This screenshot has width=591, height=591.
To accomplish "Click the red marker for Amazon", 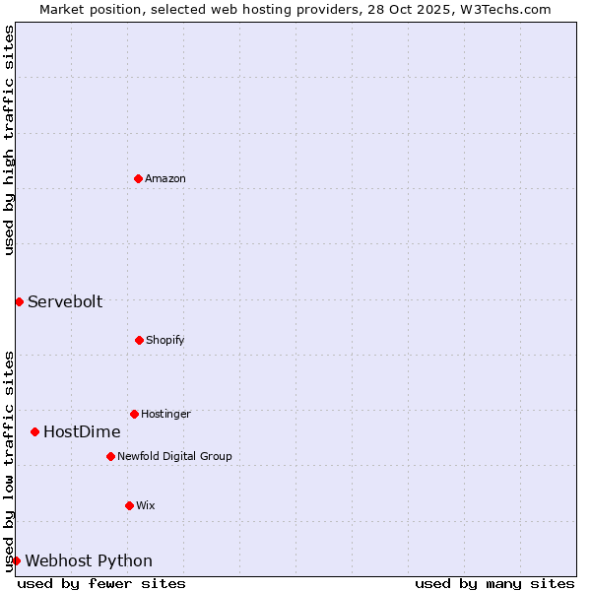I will point(138,178).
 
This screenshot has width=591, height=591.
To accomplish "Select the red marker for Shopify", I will point(139,340).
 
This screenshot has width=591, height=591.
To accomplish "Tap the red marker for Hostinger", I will point(134,414).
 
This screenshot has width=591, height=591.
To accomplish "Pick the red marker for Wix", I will point(129,505).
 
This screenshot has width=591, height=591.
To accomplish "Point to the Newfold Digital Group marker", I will point(110,456).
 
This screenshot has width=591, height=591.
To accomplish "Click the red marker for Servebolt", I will point(19,301).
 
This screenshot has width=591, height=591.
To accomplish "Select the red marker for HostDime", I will point(34,431).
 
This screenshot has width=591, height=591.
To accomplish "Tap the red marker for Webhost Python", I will point(16,560).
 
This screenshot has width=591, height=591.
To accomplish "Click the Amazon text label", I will point(165,178).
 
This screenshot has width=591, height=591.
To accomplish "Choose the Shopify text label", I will point(165,340).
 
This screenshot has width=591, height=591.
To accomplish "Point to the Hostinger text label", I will point(165,414).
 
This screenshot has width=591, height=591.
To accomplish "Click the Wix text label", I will point(146,505).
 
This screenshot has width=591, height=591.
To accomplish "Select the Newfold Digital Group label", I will point(174,456).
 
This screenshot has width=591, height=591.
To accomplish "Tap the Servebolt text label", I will point(65,301).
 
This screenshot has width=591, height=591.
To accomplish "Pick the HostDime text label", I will point(82,431).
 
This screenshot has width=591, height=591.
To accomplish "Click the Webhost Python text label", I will point(89,560).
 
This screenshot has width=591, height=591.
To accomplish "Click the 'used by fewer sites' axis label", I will point(101,583).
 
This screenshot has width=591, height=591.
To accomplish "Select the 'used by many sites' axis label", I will point(494,583).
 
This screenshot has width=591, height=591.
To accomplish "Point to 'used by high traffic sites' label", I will point(9,140).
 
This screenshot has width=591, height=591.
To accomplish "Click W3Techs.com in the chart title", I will point(504,9).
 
